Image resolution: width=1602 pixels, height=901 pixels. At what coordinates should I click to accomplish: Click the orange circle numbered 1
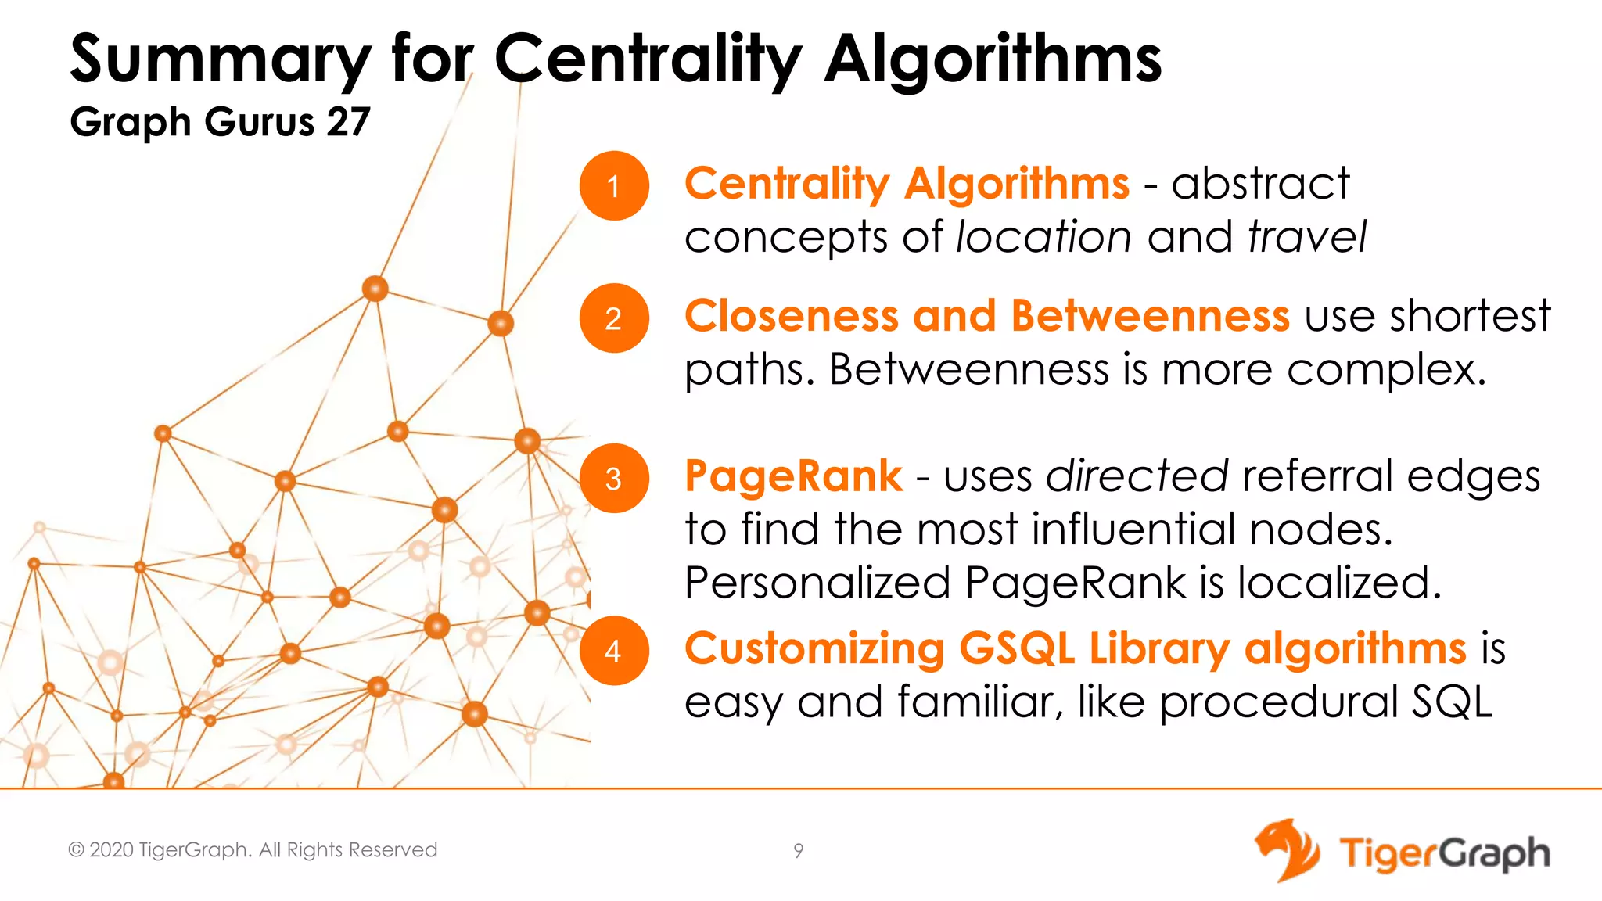[x=614, y=186]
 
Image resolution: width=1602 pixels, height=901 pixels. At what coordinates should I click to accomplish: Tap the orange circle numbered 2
[x=614, y=318]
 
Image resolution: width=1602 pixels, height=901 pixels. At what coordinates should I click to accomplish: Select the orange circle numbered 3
[x=614, y=479]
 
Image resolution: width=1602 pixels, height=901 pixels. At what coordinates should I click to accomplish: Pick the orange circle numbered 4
[x=614, y=651]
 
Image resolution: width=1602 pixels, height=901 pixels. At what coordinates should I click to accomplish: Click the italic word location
[x=1043, y=237]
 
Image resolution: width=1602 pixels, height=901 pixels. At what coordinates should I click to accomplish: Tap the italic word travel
[x=1306, y=237]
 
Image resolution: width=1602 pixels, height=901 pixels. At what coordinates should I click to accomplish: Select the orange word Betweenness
[x=1150, y=316]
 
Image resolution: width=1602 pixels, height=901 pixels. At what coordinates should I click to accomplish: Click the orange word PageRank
[x=793, y=476]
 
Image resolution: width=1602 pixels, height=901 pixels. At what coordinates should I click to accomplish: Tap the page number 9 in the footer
[x=798, y=851]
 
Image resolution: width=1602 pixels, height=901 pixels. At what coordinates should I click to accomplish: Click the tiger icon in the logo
[x=1286, y=850]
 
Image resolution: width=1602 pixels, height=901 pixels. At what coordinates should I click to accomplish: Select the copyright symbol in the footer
[x=76, y=850]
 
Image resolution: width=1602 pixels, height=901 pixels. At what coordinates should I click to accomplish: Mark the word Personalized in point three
[x=817, y=583]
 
